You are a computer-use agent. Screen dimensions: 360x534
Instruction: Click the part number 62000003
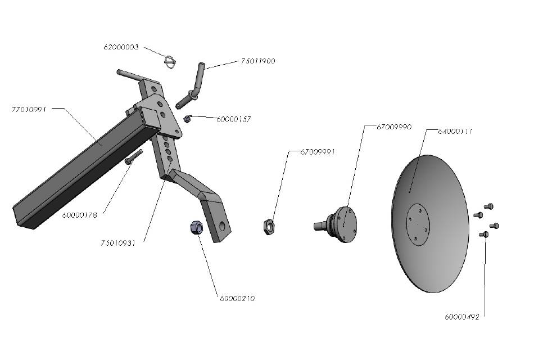pos(121,47)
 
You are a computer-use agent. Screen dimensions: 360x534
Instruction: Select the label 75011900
pos(258,61)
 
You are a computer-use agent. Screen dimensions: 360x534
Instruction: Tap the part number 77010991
pos(29,108)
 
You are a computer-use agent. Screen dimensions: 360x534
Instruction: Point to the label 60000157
pos(233,119)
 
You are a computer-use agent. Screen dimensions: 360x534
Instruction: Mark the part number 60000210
pos(237,299)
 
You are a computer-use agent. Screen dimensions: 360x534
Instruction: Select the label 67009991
pos(318,152)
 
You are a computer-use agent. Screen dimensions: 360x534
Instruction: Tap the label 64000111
pos(455,131)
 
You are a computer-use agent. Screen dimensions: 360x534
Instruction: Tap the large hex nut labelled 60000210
pos(196,228)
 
